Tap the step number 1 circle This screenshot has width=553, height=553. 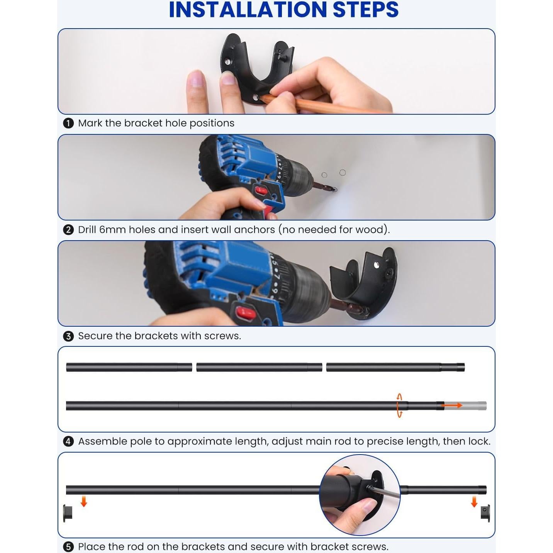coord(68,124)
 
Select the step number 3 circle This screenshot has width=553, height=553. coord(68,336)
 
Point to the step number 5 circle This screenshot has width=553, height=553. coord(68,547)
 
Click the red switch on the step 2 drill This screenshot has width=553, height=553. coord(261,190)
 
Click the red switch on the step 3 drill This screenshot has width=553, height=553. coord(246,313)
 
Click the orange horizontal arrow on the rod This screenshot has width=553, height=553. coord(451,405)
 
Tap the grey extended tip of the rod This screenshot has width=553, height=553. coord(465,405)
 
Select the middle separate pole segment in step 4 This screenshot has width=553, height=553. coord(259,367)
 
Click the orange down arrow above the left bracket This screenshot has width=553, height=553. coord(84,502)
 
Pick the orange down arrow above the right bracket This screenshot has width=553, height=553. coord(474,502)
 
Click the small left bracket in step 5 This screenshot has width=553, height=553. coord(68,513)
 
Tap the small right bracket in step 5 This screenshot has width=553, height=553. coord(485,513)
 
